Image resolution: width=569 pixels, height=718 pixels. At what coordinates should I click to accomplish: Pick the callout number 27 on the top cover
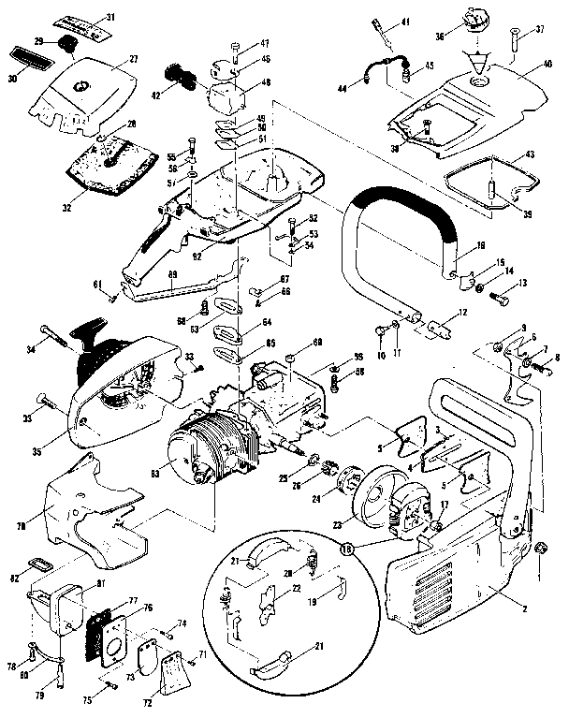point(134,59)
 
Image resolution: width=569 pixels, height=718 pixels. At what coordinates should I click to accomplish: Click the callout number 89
point(172,275)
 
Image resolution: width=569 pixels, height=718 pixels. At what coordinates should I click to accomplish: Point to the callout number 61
point(96,285)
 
